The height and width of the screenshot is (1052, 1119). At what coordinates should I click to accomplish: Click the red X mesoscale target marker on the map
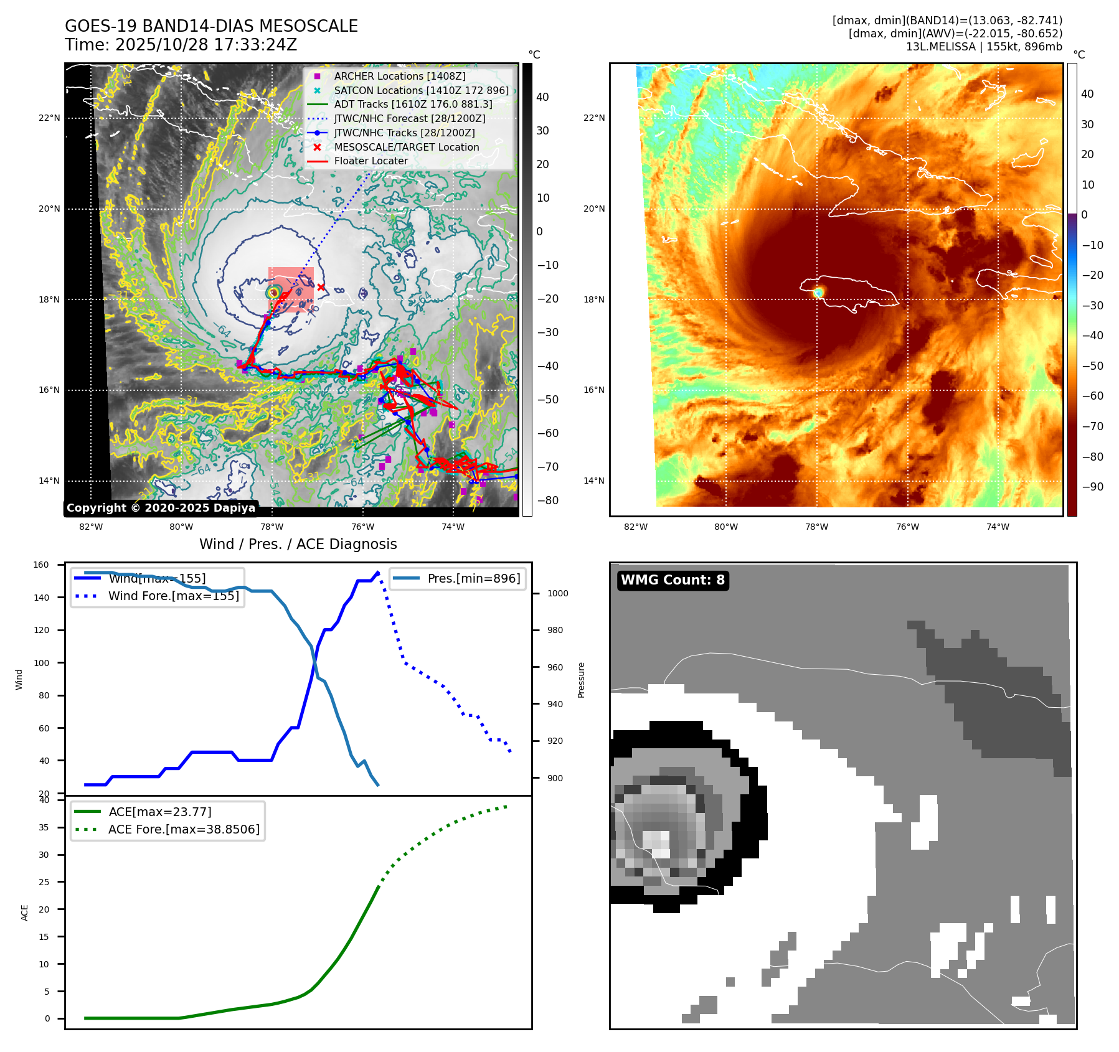pyautogui.click(x=321, y=287)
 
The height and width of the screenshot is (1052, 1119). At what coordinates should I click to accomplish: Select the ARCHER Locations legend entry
pyautogui.click(x=399, y=77)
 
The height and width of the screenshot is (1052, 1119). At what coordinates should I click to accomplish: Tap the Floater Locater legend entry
pyautogui.click(x=371, y=161)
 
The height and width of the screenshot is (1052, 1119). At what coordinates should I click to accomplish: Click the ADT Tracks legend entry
pyautogui.click(x=413, y=105)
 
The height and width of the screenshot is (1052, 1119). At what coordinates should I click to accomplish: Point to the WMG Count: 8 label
pyautogui.click(x=673, y=580)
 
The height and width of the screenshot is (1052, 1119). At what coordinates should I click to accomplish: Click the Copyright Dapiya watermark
pyautogui.click(x=161, y=508)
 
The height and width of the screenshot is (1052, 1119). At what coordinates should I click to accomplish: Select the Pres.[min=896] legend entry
pyautogui.click(x=473, y=578)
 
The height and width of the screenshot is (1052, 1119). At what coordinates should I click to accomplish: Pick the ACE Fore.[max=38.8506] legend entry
pyautogui.click(x=184, y=829)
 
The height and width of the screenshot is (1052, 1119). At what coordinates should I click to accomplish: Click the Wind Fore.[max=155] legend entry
pyautogui.click(x=173, y=596)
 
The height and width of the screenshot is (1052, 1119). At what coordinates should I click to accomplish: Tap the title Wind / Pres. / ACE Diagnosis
pyautogui.click(x=298, y=544)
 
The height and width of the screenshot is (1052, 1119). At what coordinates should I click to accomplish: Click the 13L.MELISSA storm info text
pyautogui.click(x=984, y=47)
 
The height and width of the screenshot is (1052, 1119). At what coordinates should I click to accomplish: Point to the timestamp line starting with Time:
pyautogui.click(x=181, y=45)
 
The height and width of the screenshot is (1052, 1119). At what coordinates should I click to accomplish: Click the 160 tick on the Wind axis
pyautogui.click(x=41, y=565)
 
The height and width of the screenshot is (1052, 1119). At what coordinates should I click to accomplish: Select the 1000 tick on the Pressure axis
pyautogui.click(x=557, y=594)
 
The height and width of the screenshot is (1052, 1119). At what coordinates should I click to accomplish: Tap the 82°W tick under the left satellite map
pyautogui.click(x=91, y=527)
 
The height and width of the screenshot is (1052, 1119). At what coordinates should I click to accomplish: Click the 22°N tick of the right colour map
pyautogui.click(x=593, y=118)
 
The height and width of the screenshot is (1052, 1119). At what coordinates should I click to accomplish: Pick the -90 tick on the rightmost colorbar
pyautogui.click(x=1092, y=487)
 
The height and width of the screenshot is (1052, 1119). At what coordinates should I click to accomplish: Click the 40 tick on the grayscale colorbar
pyautogui.click(x=542, y=97)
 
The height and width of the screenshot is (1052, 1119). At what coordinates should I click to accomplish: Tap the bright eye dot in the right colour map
pyautogui.click(x=818, y=292)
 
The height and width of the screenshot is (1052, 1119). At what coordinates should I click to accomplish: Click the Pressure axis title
pyautogui.click(x=581, y=680)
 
